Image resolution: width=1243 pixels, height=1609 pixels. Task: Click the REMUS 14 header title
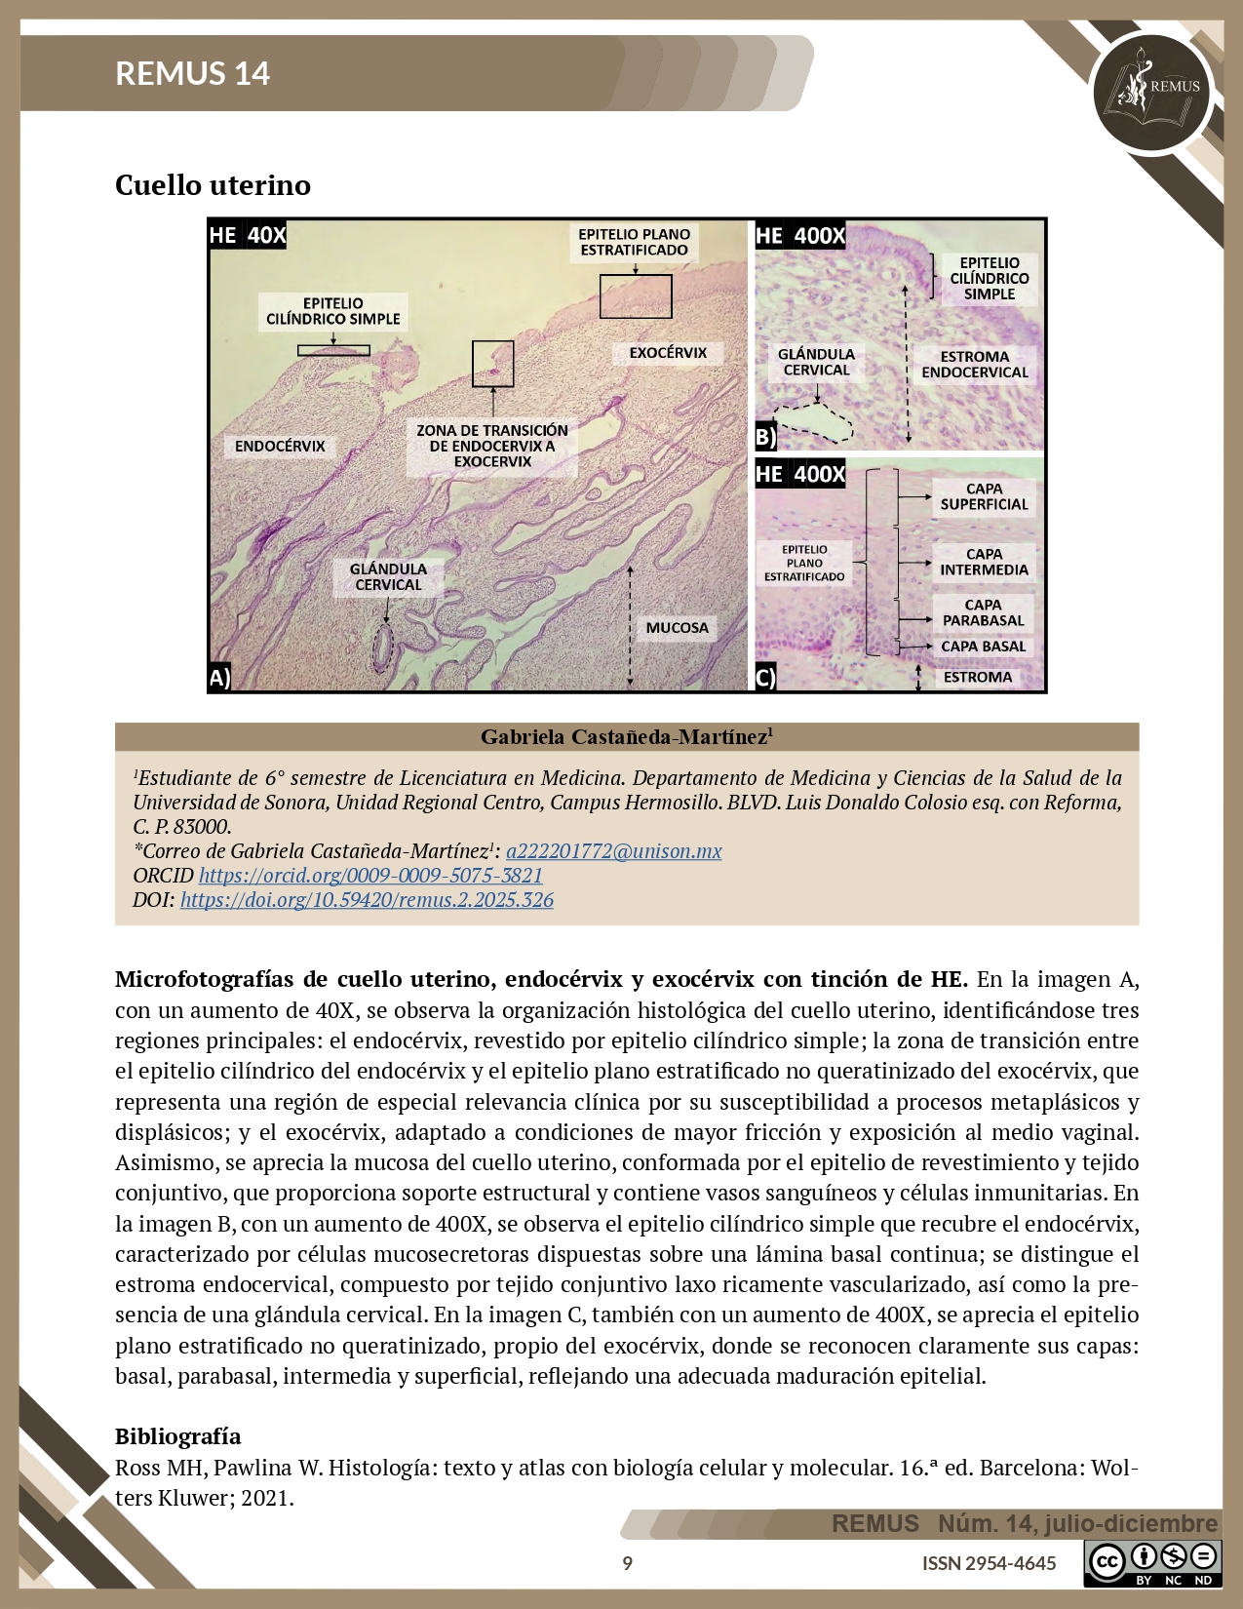tap(192, 73)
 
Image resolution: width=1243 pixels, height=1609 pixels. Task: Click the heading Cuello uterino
tap(213, 185)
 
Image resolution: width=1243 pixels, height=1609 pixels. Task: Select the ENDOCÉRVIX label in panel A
tap(280, 447)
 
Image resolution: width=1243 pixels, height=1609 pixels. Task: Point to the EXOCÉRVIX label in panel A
tap(668, 353)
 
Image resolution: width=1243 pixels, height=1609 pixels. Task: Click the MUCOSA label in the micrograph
tap(677, 628)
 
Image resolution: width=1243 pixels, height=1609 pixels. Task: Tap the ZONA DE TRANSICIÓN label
tap(492, 446)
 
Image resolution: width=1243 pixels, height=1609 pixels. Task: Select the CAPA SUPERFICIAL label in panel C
tap(984, 496)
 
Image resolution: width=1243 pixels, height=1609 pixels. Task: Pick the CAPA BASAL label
tap(983, 647)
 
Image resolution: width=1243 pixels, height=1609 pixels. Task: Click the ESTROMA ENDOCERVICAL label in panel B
tap(975, 365)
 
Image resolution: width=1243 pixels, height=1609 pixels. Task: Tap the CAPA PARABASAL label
tap(983, 612)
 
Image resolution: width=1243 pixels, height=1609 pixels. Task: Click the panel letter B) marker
tap(766, 436)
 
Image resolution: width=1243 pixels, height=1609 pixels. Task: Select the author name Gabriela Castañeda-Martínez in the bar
tap(626, 737)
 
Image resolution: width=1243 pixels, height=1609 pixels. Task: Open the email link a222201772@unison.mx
tap(613, 850)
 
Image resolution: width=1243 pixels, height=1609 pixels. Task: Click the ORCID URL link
tap(370, 875)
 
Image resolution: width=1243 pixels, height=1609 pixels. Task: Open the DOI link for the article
tap(367, 899)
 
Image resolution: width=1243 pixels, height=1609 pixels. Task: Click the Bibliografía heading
tap(178, 1435)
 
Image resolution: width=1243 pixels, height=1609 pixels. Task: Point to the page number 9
tap(627, 1563)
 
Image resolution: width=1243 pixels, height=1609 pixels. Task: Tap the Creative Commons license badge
tap(1152, 1563)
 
